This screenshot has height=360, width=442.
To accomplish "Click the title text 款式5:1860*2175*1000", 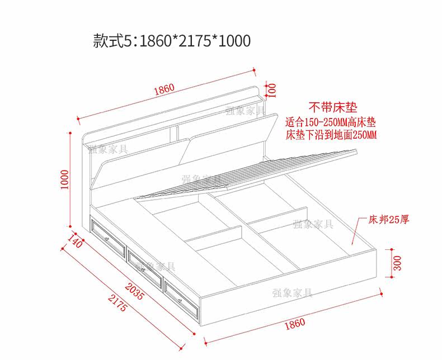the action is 172,41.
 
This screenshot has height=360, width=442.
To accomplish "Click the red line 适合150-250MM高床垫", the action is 331,122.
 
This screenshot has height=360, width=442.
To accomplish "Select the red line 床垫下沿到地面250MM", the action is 331,135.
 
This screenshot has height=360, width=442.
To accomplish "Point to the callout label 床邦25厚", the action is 388,219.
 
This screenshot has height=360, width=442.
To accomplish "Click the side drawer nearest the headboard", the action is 107,236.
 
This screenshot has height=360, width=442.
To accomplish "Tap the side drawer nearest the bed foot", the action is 181,295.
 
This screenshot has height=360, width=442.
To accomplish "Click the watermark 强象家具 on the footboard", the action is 293,292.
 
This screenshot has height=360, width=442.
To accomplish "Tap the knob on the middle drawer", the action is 144,268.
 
